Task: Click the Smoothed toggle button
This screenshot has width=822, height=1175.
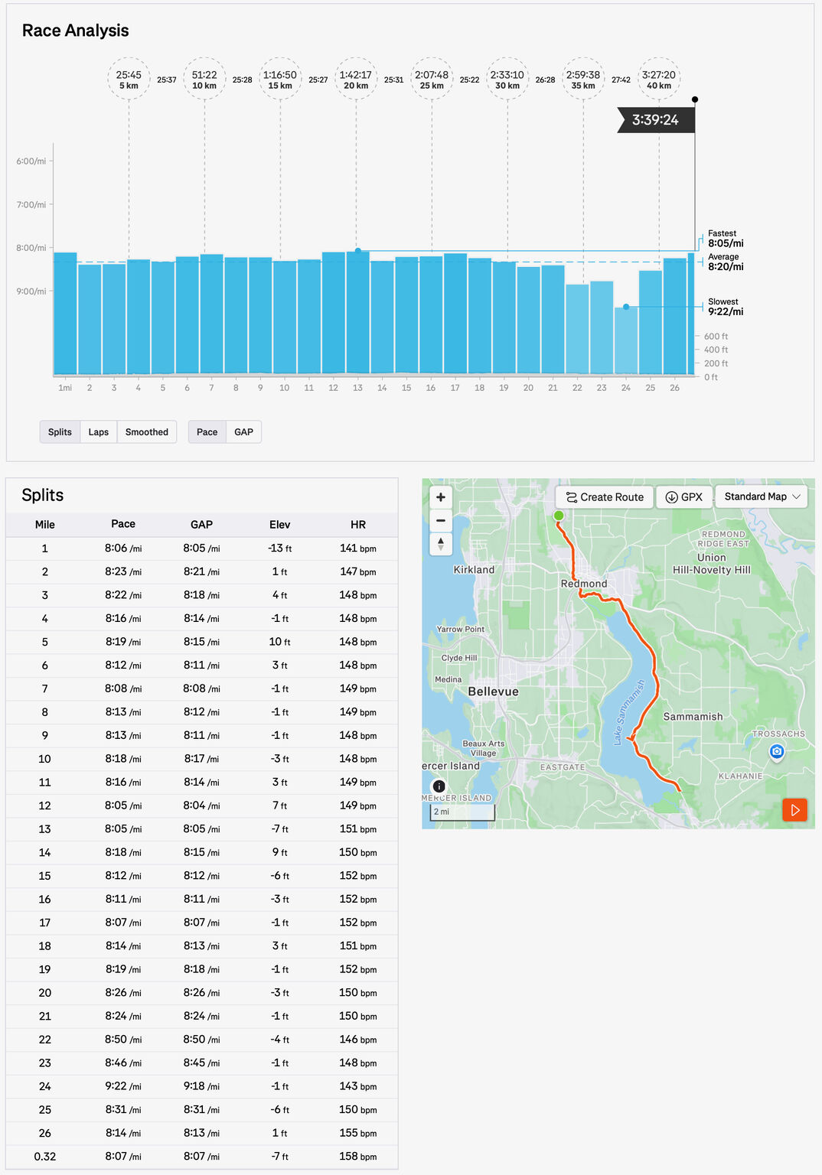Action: point(146,432)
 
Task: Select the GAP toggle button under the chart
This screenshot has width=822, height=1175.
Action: point(243,432)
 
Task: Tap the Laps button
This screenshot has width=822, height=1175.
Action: point(98,432)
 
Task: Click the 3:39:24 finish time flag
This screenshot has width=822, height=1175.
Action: point(655,120)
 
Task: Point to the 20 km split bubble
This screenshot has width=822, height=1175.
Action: point(356,80)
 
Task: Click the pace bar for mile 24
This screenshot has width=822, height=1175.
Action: point(626,340)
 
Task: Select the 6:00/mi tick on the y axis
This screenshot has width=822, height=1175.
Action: point(31,161)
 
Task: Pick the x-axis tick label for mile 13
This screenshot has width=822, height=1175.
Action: point(357,388)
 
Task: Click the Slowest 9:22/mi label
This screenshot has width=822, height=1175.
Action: point(725,307)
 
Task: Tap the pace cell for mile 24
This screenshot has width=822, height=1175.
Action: point(123,1086)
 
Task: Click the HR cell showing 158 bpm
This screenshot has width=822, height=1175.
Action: point(357,1156)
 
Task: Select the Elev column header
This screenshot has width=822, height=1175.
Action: point(279,525)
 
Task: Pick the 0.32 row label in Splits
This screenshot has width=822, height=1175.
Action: point(44,1157)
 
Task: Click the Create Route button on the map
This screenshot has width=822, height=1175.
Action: point(605,497)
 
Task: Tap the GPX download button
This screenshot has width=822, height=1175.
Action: point(683,497)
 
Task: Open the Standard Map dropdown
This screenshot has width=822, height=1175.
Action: point(762,496)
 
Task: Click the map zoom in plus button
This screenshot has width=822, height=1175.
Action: point(441,497)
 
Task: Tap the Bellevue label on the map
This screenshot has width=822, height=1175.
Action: point(493,692)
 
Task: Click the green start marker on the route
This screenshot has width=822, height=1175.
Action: point(559,516)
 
